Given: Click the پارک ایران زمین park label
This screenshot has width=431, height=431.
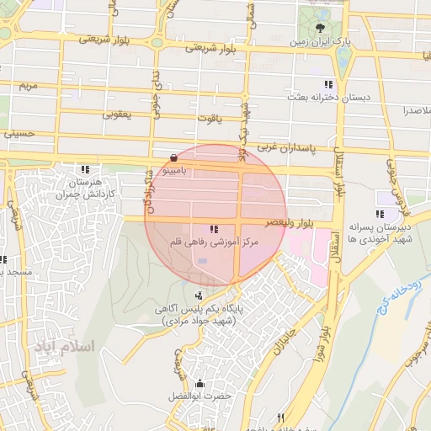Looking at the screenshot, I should (317, 41).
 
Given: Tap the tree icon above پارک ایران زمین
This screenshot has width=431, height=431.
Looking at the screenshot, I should (319, 29).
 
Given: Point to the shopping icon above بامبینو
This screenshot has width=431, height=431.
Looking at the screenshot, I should (173, 157).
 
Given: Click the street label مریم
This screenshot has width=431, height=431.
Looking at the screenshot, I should (29, 86).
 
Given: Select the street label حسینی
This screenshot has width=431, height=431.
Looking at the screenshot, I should (18, 132).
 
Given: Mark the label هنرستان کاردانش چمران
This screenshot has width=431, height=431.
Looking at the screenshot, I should (82, 188).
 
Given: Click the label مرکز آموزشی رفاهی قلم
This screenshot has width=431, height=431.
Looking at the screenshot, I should (214, 242).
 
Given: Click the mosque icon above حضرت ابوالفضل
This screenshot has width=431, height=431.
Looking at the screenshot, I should (200, 384).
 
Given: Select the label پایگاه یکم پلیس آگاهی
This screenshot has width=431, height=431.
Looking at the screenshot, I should (200, 315).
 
